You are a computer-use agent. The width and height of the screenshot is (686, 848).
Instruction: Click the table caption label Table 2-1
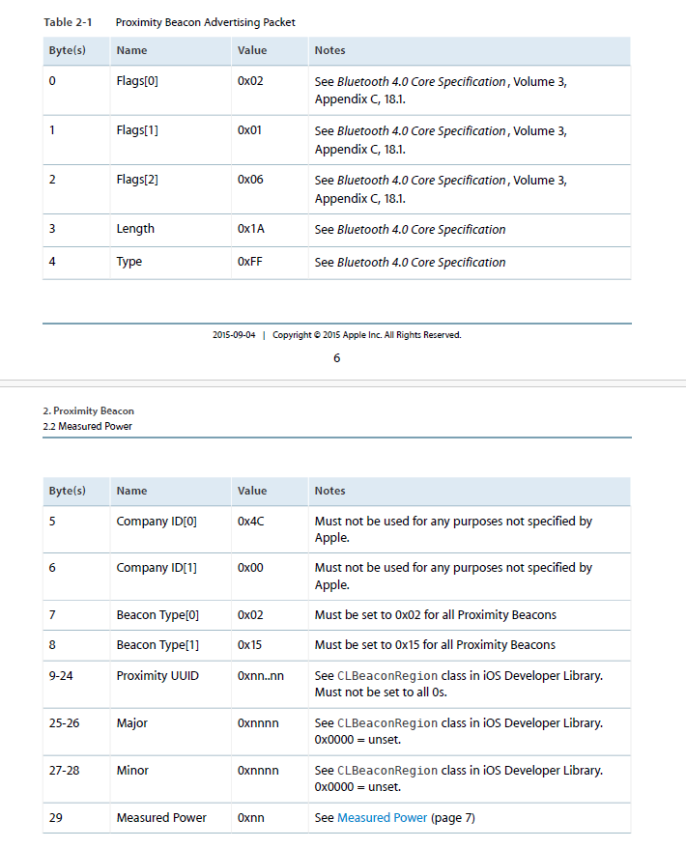(68, 21)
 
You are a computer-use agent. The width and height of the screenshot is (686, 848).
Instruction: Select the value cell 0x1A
(250, 230)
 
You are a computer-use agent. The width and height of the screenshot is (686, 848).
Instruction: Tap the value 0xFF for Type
(250, 262)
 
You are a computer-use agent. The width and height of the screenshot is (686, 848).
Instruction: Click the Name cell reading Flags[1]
(137, 130)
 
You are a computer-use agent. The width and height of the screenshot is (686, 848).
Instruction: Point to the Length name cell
(135, 230)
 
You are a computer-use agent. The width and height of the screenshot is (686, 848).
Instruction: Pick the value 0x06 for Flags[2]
(250, 181)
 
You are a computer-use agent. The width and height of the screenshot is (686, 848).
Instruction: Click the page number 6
(336, 358)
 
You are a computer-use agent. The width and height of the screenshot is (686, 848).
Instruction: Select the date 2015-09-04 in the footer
(234, 335)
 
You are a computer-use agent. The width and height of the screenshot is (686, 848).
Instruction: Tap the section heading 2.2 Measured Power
(87, 426)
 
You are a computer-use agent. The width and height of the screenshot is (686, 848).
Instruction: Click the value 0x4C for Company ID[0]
(251, 522)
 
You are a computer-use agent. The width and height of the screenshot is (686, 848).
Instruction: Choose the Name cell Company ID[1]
(157, 568)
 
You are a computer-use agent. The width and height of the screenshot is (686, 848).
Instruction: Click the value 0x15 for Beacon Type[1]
(250, 645)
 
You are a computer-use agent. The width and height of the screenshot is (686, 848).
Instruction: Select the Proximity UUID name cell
(157, 676)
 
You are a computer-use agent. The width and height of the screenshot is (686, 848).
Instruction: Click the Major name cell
(132, 723)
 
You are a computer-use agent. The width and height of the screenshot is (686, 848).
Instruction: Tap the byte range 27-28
(64, 771)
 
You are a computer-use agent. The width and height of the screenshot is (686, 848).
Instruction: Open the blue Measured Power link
(382, 818)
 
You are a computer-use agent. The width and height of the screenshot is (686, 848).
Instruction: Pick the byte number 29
(55, 818)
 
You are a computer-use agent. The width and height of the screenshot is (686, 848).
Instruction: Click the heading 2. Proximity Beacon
(88, 411)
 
